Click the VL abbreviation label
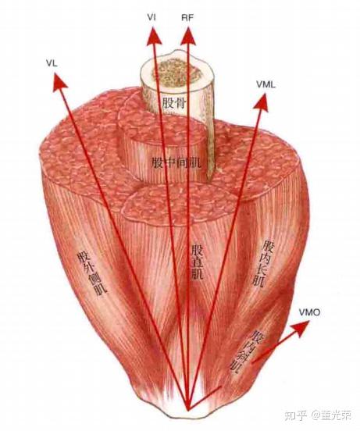pos(52,63)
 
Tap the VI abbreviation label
pos(151,18)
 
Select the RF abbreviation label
pos(187,18)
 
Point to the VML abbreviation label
pos(266,84)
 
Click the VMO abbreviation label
pos(309,312)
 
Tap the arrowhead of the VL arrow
pos(59,81)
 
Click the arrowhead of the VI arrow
pos(153,37)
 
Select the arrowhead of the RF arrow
pos(188,36)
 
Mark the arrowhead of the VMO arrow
pos(301,328)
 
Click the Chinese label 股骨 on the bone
pos(174,103)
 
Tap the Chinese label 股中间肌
pos(176,162)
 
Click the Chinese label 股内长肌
pos(262,264)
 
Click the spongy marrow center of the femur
pos(177,73)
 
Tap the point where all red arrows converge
pos(188,411)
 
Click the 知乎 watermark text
pos(295,415)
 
